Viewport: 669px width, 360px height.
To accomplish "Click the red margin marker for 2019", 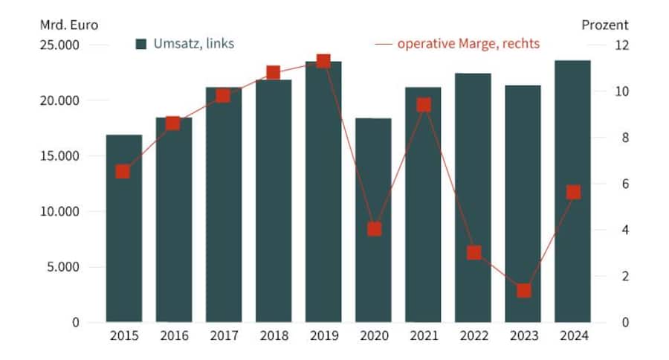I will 323,61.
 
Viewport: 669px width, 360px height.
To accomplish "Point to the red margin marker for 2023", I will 523,291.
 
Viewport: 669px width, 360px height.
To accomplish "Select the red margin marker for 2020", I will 374,229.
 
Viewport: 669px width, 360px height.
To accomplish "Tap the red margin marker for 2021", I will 424,105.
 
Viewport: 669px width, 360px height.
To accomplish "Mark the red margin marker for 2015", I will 123,172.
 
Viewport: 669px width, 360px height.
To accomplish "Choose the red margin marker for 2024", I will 573,193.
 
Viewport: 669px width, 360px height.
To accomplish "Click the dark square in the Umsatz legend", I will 141,44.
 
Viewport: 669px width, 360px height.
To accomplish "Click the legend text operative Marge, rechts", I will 468,44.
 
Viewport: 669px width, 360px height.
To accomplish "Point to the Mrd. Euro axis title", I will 69,25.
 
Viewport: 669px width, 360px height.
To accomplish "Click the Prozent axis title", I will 604,25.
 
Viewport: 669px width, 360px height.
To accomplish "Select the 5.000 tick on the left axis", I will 62,267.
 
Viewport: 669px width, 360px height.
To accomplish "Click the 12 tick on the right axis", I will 622,45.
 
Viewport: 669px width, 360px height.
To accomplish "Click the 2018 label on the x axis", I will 273,335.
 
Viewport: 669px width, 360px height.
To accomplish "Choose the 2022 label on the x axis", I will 473,335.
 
